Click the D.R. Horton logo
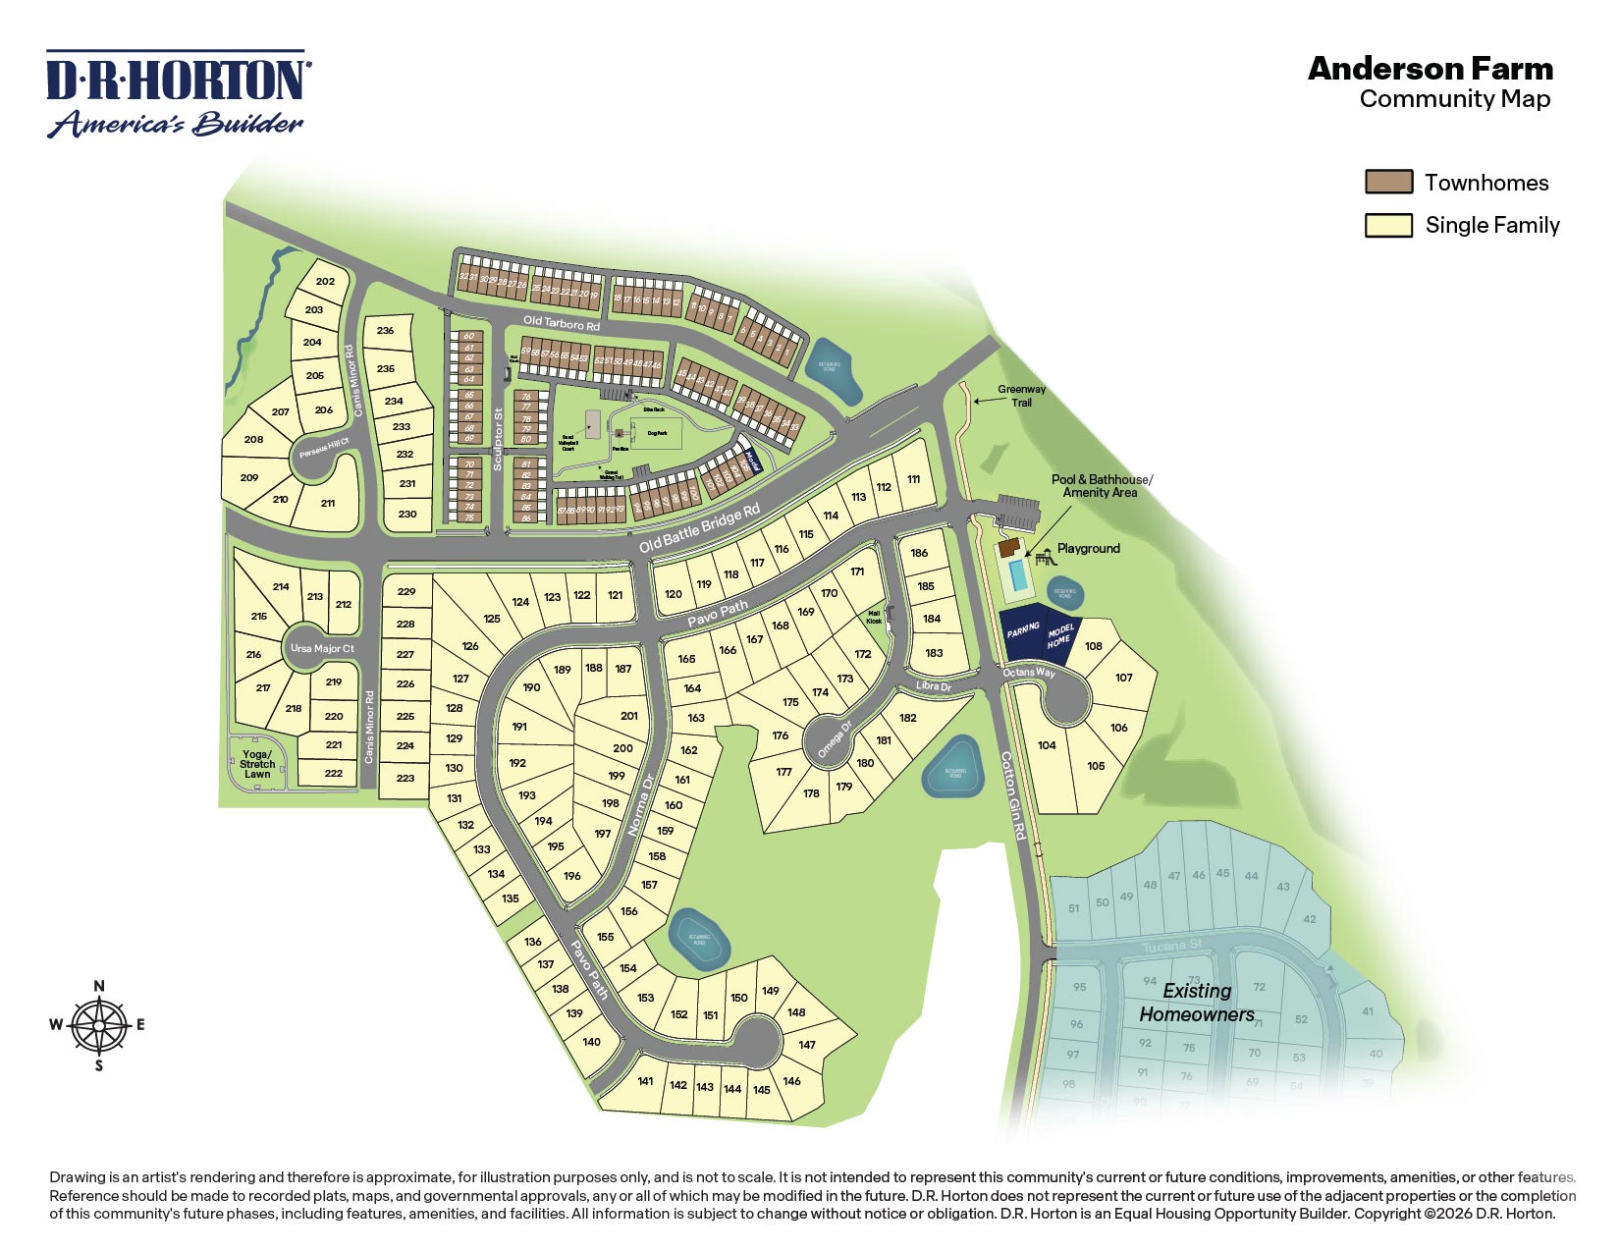[x=177, y=94]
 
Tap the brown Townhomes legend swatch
[x=1388, y=183]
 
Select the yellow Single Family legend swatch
[x=1388, y=226]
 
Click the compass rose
[x=99, y=1025]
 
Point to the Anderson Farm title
[x=1431, y=69]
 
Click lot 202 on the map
[x=325, y=281]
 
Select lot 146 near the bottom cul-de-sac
[x=791, y=1081]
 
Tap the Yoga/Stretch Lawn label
[x=257, y=764]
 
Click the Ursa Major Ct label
[x=322, y=648]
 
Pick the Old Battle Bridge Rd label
[x=699, y=528]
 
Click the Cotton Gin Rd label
[x=1013, y=795]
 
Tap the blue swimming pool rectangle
[x=1018, y=575]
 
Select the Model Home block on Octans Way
[x=1059, y=635]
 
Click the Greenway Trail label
[x=1021, y=396]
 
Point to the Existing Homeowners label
[x=1197, y=1003]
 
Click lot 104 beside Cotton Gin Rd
[x=1047, y=745]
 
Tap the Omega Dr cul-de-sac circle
[x=828, y=738]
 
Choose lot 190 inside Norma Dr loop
[x=531, y=687]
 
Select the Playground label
[x=1088, y=549]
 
